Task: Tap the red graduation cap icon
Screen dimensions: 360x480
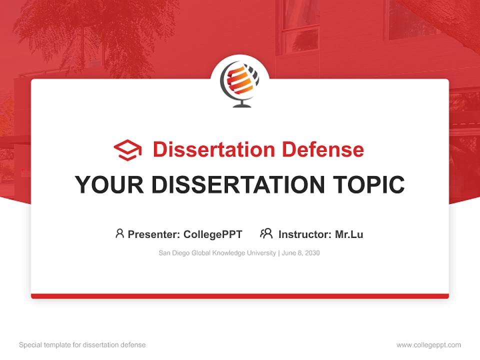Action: (127, 150)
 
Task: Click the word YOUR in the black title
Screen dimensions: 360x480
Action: (109, 185)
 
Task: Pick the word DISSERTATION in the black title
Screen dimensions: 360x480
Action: (237, 185)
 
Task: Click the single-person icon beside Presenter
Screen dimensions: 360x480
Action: (119, 233)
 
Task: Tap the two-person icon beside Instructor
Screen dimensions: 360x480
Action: (266, 233)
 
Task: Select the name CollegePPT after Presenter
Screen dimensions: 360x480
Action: (213, 234)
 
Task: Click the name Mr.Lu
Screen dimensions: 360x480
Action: (349, 234)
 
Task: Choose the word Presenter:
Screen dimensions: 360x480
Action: (154, 234)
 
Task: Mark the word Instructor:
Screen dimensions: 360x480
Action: (304, 234)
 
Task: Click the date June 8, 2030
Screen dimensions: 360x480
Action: (300, 253)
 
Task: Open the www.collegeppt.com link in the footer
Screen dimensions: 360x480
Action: (428, 345)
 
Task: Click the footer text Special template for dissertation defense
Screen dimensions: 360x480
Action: (82, 345)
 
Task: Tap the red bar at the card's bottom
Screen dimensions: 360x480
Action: (240, 296)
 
